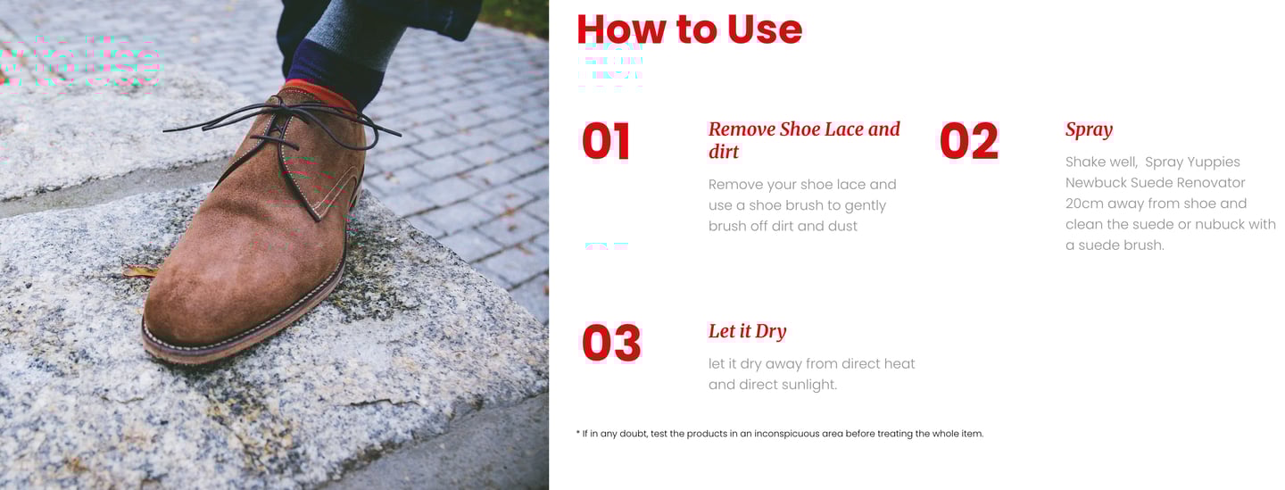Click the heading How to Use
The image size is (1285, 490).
coord(689,29)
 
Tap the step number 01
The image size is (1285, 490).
coord(606,141)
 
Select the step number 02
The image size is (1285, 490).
coord(969,141)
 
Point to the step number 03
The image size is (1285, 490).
coord(611,343)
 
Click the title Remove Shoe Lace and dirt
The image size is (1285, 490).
coord(804,140)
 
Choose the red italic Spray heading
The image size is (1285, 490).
coord(1089,130)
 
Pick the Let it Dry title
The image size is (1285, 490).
coord(747,331)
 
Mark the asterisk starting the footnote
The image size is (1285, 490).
coord(577,432)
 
